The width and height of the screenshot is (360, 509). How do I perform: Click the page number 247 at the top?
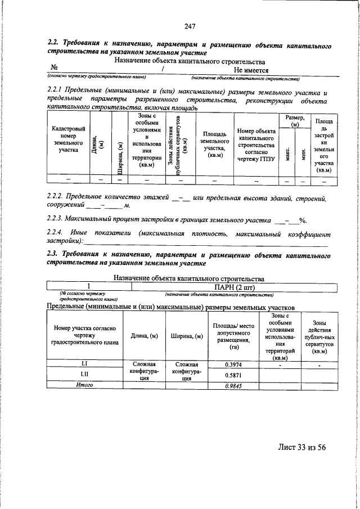coord(189,25)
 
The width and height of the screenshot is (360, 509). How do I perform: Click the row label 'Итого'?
coord(84,385)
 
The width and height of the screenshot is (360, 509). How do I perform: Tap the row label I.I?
coord(84,364)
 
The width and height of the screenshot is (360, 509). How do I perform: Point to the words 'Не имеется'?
coord(251,70)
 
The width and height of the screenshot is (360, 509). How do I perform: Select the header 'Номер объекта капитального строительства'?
coord(256,143)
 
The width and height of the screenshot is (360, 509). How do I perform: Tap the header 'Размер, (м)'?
coord(295,120)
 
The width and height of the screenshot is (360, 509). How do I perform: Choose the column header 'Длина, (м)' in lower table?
coord(144,336)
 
